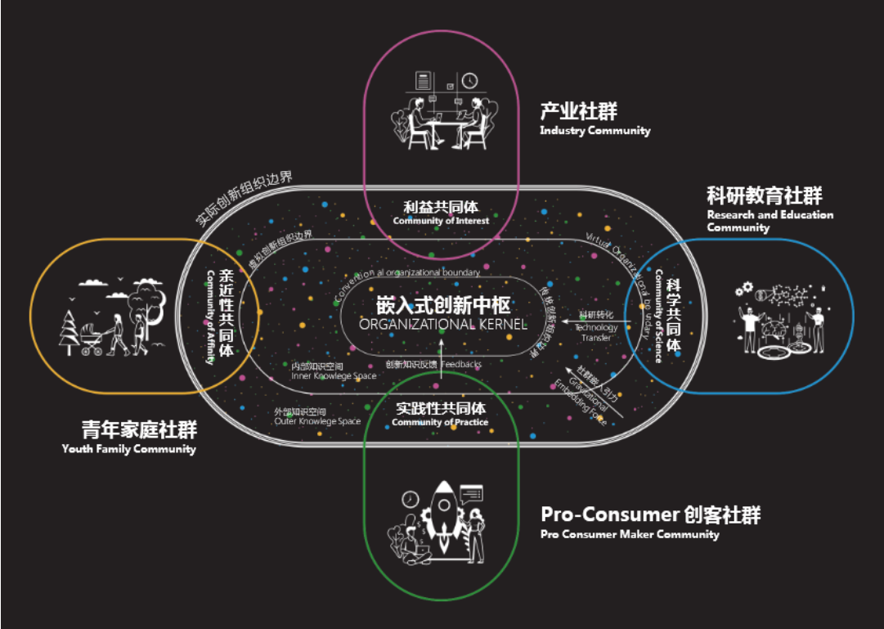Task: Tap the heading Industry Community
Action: [x=595, y=131]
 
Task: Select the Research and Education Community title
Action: [x=770, y=220]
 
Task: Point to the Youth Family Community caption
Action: [x=128, y=449]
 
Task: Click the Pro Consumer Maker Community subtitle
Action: [x=630, y=535]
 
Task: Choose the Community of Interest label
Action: [x=441, y=221]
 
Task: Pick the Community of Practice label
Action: [x=440, y=422]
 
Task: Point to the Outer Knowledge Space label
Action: [x=317, y=421]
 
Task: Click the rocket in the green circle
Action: [x=441, y=507]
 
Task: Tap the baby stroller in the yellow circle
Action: [x=92, y=343]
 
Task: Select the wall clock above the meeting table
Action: [x=469, y=80]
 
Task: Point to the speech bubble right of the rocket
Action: [x=472, y=493]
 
